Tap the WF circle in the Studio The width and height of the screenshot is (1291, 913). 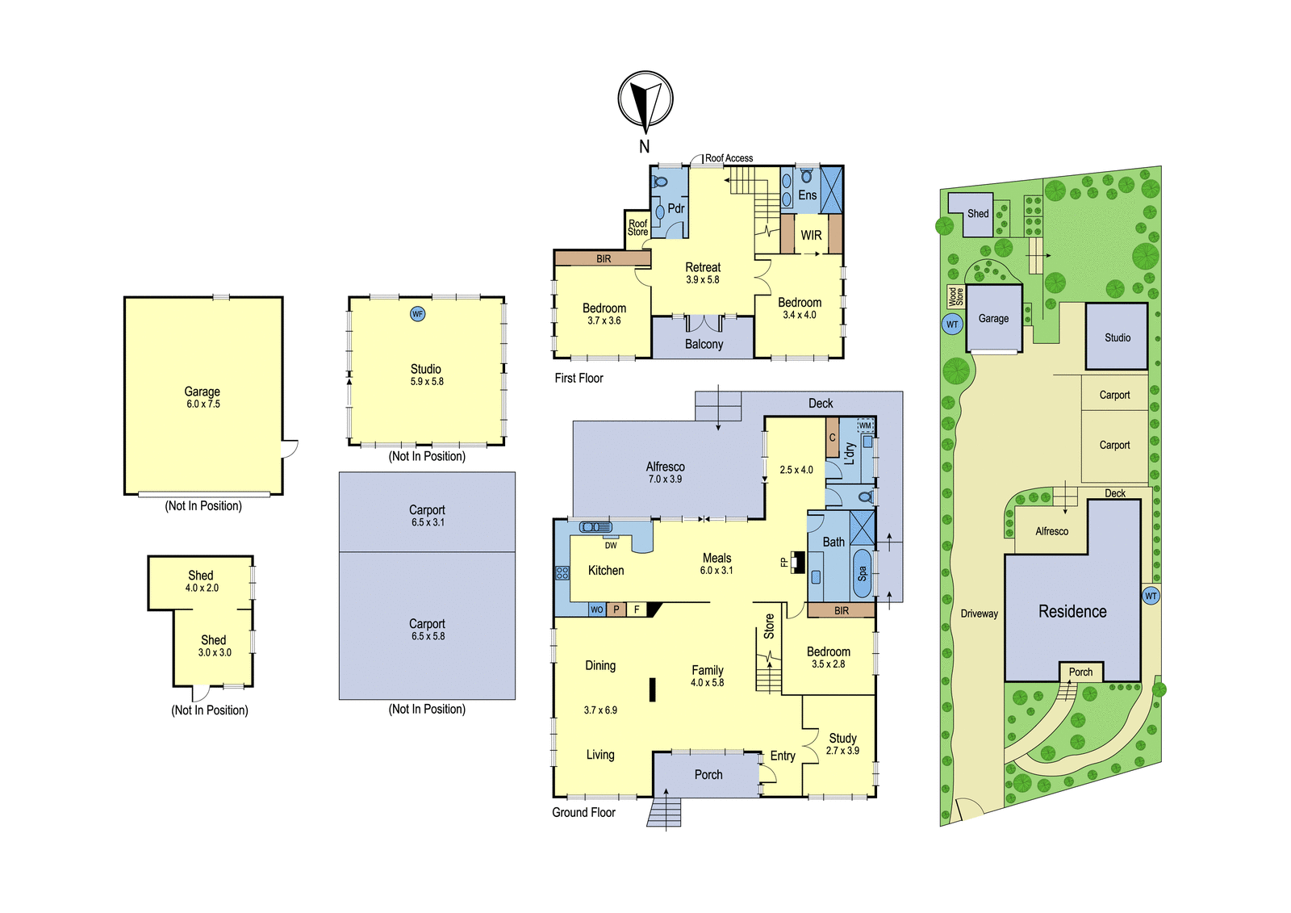coord(417,314)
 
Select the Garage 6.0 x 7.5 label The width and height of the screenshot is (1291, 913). coord(203,397)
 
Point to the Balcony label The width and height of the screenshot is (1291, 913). coord(704,345)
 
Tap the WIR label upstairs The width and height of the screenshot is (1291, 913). coord(811,236)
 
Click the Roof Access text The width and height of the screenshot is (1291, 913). coord(729,158)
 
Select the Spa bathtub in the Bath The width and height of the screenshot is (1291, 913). coord(862,572)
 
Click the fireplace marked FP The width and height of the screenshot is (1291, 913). coord(798,563)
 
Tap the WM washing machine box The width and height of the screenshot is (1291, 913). coord(865,425)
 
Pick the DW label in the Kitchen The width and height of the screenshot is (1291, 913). coord(611,545)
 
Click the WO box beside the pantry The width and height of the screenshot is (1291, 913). coord(596,609)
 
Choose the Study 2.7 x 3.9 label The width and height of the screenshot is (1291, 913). coord(842,744)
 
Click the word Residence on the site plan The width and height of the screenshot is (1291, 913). coord(1072,611)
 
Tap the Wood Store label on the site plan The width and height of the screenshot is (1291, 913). coord(955,297)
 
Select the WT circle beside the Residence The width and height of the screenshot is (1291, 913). coord(1151,596)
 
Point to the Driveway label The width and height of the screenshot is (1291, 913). coord(980,614)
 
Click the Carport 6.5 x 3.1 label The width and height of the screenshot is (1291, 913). coord(427,516)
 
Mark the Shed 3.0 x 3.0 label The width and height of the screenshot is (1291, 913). coord(215,646)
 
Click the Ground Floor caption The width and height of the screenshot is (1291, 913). coord(583,813)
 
